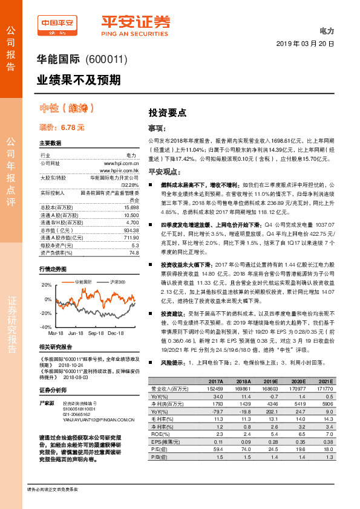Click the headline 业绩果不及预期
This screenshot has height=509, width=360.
[70, 79]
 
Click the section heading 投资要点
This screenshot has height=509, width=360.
[168, 113]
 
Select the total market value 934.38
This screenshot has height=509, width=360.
[131, 213]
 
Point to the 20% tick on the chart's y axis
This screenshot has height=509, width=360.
[47, 284]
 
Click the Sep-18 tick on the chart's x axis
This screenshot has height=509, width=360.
[96, 332]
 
